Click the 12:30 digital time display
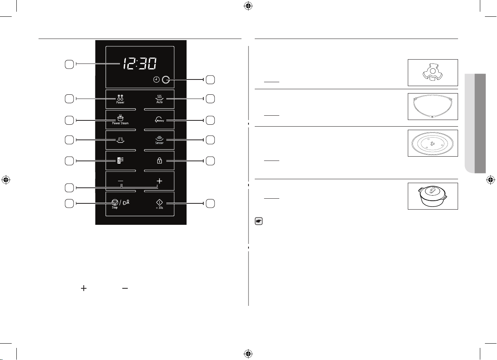coord(140,64)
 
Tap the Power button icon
coord(120,99)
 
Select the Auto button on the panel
coord(160,99)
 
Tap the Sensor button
coord(159,140)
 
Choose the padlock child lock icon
coord(159,161)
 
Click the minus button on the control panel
coord(120,181)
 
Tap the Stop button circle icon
coord(115,202)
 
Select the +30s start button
coord(160,204)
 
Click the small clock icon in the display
coord(157,79)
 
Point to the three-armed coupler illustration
coord(432,72)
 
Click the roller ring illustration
coord(433,106)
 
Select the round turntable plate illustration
coord(433,143)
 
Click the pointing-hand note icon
coord(259,221)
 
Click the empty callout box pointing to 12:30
coord(69,64)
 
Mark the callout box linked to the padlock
coord(210,161)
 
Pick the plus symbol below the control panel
coord(84,288)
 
